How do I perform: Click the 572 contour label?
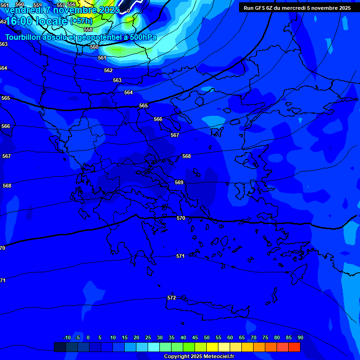coord(172,298)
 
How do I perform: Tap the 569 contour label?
coord(179,182)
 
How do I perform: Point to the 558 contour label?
coord(88,30)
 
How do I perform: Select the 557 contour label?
coord(61,5)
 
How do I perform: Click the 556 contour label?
coord(71,4)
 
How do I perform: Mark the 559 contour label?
coord(37,5)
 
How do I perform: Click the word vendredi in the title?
coord(24,10)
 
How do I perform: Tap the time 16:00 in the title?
coord(19,21)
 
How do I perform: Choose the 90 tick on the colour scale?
coord(300,337)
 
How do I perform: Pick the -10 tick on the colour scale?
coord(67,337)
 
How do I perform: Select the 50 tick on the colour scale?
coord(207,337)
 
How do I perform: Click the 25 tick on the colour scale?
coord(148,337)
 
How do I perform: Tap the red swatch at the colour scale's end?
coord(294,347)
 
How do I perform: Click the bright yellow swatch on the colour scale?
coord(212,347)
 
